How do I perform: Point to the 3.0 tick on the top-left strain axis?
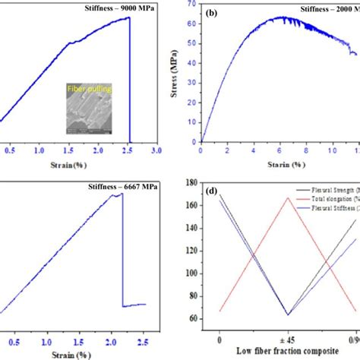click(157, 152)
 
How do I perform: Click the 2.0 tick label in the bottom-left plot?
click(110, 341)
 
